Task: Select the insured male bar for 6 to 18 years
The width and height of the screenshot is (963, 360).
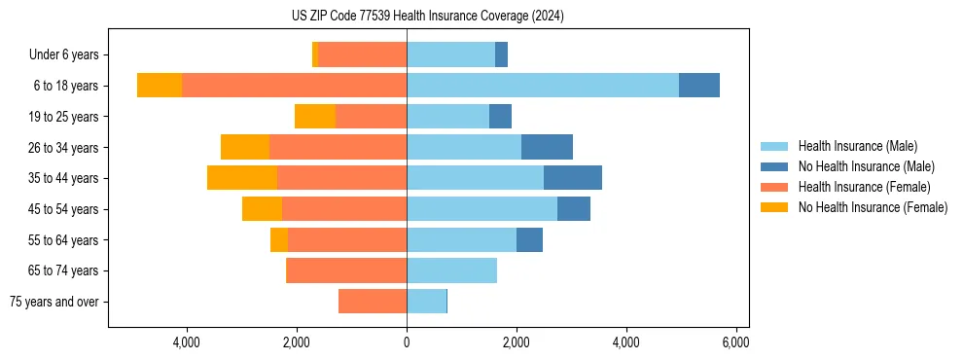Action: coord(543,86)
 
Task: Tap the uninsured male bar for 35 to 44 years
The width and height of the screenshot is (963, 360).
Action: coord(572,178)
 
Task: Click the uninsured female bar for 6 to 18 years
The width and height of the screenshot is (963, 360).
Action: coord(160,86)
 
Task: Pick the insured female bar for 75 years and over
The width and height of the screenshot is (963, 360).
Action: coord(373,302)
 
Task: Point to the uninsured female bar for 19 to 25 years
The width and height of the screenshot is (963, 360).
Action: coord(315,117)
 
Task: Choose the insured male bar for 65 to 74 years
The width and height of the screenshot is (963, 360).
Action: coord(451,270)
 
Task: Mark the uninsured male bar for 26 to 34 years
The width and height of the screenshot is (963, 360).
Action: coord(547,147)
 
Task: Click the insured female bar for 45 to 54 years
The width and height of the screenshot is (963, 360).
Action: coord(344,209)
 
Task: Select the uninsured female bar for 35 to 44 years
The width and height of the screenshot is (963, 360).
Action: coord(242,178)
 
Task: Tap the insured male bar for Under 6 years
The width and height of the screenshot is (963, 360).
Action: coord(450,54)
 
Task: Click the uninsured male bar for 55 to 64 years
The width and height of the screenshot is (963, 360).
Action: coord(529,239)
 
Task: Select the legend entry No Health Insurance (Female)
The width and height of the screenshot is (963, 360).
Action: coord(873,207)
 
